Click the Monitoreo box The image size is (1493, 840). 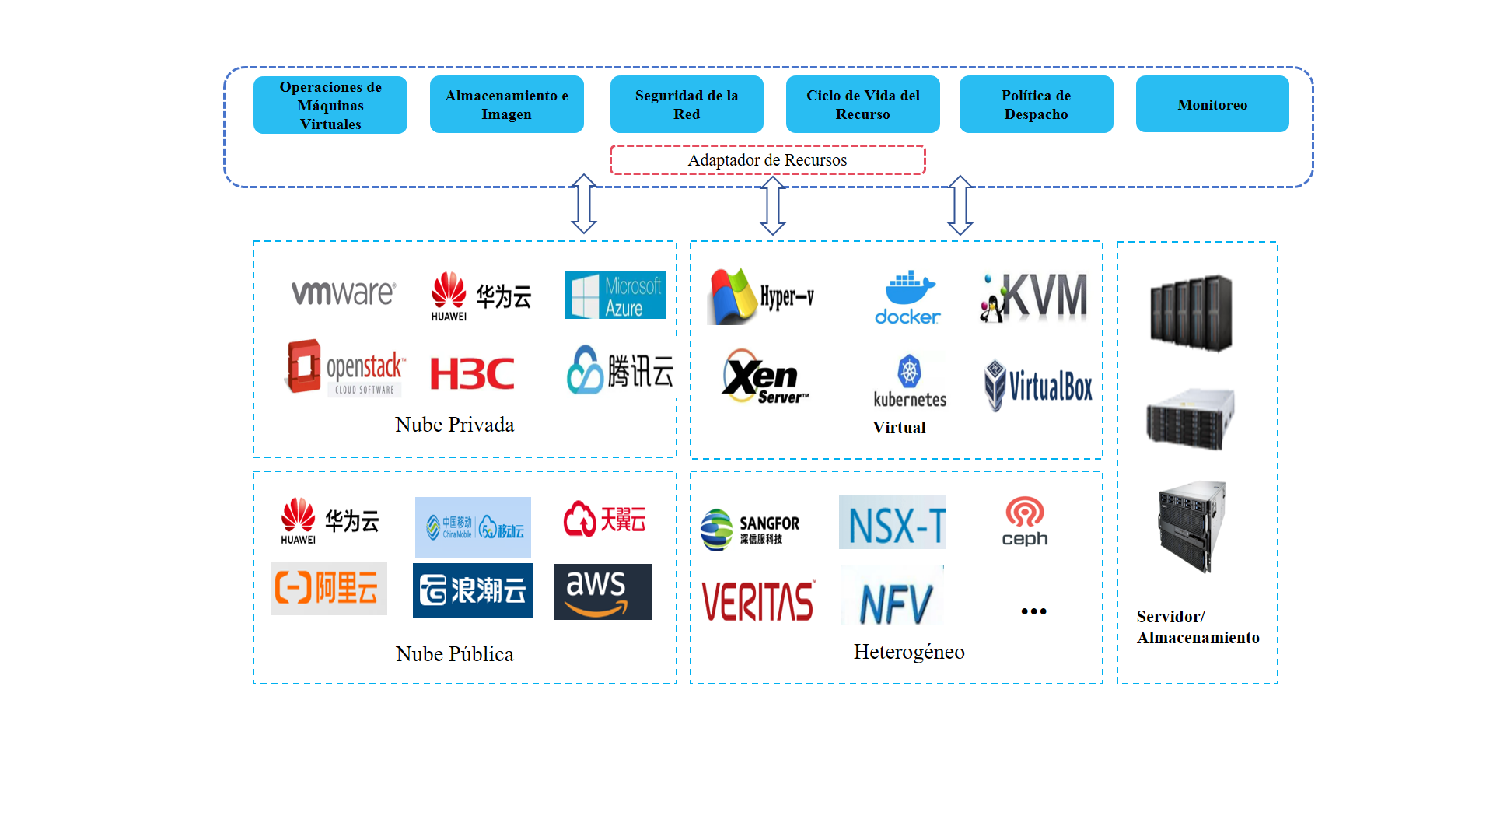tap(1212, 104)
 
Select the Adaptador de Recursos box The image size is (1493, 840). tap(767, 160)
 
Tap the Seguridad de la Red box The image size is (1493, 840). tap(687, 104)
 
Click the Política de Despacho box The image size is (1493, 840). tap(1036, 104)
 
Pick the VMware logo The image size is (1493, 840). tap(344, 293)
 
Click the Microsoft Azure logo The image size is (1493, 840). tap(615, 296)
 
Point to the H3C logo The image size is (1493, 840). tap(472, 373)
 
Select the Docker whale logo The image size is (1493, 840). tap(907, 297)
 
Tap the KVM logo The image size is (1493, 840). tap(1033, 297)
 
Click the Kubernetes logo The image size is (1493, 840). tap(910, 381)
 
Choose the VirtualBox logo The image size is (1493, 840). tap(1038, 385)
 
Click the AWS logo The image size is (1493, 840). tap(602, 592)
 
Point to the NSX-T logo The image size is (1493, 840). tap(893, 523)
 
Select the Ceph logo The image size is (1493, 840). tap(1025, 521)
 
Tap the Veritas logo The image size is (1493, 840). tap(757, 601)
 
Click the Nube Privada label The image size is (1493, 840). tap(454, 425)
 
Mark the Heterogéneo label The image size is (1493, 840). tap(908, 652)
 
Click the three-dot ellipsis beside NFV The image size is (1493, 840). tap(1033, 611)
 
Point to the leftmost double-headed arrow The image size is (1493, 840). tap(584, 204)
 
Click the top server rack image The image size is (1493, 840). tap(1191, 313)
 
